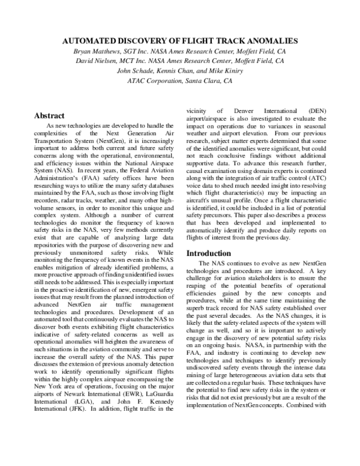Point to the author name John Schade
(135, 70)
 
